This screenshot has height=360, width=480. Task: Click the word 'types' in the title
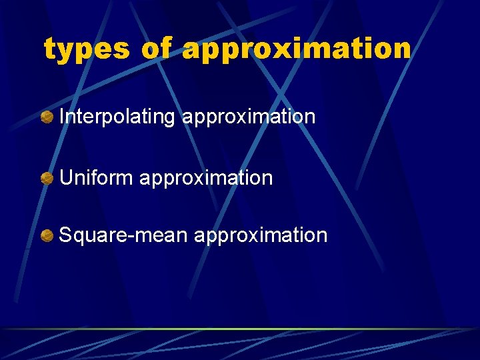click(x=86, y=49)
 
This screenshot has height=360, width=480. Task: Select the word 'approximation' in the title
click(x=297, y=49)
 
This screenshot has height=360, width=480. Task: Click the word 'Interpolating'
click(x=117, y=117)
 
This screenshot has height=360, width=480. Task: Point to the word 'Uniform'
click(x=97, y=178)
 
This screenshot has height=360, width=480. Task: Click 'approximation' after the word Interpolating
click(x=249, y=117)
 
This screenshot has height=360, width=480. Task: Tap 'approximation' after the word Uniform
click(x=207, y=178)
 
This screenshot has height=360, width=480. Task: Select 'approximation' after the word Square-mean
click(x=261, y=235)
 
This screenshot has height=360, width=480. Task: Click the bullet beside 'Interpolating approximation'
click(x=47, y=118)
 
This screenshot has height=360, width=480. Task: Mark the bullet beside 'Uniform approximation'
click(x=47, y=179)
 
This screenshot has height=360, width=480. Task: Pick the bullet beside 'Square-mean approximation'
click(x=47, y=236)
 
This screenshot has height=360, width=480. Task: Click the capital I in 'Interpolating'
click(x=62, y=117)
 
